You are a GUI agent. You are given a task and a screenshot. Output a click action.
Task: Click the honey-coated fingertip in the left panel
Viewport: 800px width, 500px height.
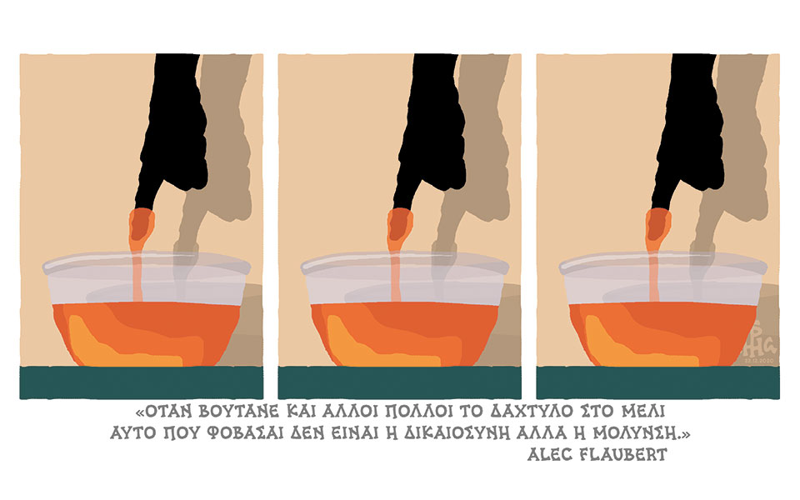(141, 224)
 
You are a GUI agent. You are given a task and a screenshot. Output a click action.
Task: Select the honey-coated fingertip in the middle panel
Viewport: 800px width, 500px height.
(399, 224)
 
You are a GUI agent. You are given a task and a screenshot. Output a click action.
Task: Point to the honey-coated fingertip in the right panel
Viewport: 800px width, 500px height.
(658, 224)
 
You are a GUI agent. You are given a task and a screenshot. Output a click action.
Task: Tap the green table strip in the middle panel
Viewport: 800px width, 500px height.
(399, 382)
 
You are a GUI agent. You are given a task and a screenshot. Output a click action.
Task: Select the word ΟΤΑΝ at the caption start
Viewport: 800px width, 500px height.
(164, 412)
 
